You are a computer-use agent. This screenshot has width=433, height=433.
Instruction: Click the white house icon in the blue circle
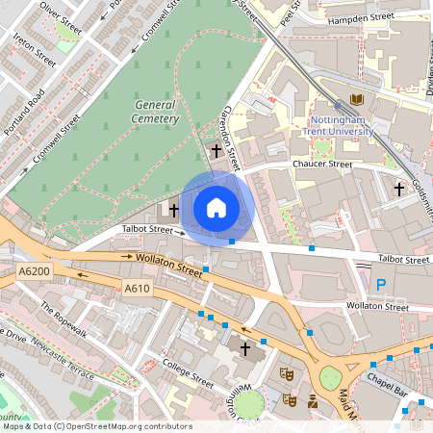(x=216, y=208)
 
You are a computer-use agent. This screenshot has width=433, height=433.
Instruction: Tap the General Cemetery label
(x=156, y=111)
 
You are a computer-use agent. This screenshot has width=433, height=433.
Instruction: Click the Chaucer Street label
(x=323, y=166)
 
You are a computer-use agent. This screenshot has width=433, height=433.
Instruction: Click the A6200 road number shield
(x=33, y=273)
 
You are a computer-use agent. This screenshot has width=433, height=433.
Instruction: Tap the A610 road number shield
(x=137, y=288)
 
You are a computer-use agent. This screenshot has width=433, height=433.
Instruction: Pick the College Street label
(x=190, y=375)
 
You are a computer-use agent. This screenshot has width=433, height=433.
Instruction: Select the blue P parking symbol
(x=381, y=284)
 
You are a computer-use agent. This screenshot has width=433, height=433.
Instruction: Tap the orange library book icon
(x=358, y=99)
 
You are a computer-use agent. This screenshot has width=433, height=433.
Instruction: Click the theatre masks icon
(x=286, y=372)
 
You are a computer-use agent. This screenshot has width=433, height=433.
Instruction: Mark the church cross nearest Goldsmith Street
(x=398, y=189)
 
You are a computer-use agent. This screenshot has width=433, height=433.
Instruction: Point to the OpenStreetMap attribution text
(x=97, y=425)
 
